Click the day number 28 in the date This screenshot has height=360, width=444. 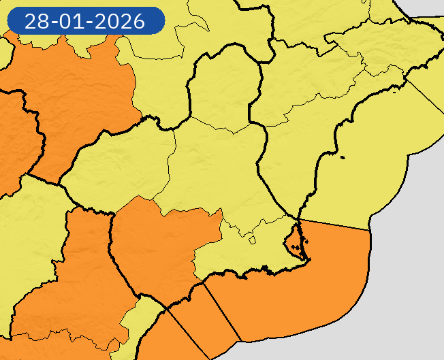35,21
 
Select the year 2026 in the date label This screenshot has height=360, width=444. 121,21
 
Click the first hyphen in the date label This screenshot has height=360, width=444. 52,22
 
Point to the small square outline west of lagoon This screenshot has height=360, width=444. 252,240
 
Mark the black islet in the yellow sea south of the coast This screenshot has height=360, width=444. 342,158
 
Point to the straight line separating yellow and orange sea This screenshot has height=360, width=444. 337,225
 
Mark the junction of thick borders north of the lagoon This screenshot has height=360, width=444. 298,219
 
